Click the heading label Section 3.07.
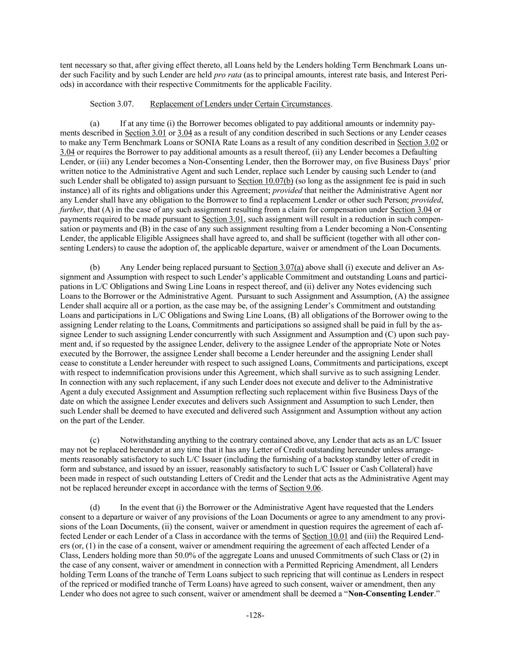(112, 104)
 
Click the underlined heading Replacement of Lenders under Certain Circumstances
(240, 104)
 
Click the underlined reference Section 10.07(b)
(265, 181)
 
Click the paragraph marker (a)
(95, 123)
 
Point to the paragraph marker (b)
(95, 267)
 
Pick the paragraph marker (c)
(95, 440)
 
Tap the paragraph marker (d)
(95, 507)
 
